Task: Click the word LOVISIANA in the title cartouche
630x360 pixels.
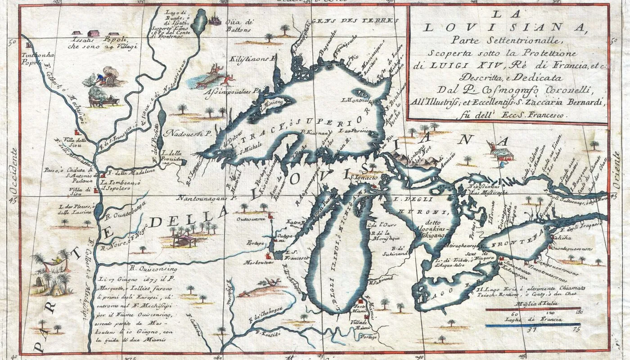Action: click(507, 28)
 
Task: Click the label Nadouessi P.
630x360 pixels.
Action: click(188, 133)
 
